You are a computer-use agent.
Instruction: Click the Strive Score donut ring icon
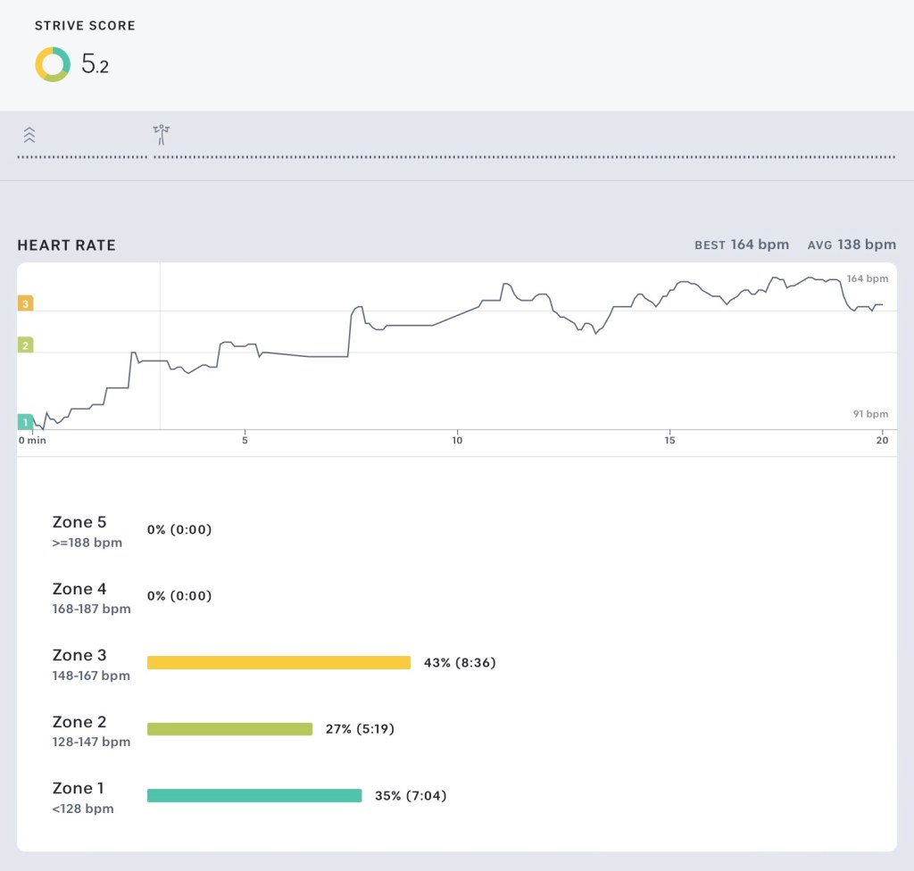click(53, 64)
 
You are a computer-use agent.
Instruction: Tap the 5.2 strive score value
click(95, 64)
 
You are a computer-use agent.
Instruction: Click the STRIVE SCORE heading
click(85, 26)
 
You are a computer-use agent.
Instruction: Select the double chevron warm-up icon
click(29, 135)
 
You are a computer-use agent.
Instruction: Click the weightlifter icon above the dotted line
click(161, 135)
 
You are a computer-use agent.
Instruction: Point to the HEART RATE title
click(66, 245)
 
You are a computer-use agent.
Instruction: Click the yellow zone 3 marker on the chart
click(26, 303)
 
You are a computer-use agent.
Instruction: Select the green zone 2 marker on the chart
click(26, 345)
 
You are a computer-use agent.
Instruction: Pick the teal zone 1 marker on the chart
click(26, 422)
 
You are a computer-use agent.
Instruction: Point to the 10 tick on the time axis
click(457, 440)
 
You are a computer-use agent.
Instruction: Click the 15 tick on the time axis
click(669, 440)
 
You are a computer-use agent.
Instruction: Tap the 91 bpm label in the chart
click(870, 414)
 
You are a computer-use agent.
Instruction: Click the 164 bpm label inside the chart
click(868, 279)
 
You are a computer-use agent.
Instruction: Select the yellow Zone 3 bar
click(278, 662)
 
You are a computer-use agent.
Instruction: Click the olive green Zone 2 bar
click(229, 729)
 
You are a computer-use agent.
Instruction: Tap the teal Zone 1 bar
click(254, 795)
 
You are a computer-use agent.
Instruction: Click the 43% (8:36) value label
click(459, 662)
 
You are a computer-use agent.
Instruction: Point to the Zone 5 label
click(79, 522)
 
